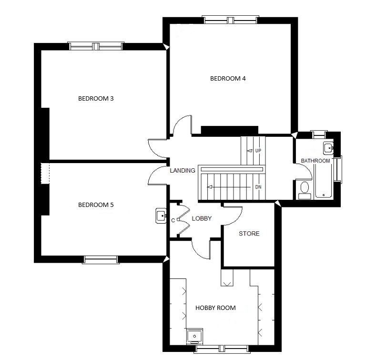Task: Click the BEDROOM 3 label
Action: click(x=96, y=99)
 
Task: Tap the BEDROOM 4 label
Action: click(x=228, y=79)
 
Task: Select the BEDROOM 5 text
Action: click(x=96, y=205)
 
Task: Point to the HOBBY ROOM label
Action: click(x=215, y=308)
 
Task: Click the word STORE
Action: click(x=249, y=234)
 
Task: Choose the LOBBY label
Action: click(x=202, y=218)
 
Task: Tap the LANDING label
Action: click(x=183, y=171)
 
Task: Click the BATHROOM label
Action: click(x=315, y=161)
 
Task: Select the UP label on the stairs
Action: click(x=258, y=151)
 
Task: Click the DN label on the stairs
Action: click(x=258, y=187)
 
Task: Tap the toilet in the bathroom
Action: click(x=305, y=190)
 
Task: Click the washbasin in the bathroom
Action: click(x=328, y=148)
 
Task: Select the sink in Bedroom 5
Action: click(x=161, y=216)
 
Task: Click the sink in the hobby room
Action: click(x=194, y=336)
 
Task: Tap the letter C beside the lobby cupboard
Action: click(x=173, y=221)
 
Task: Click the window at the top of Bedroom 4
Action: click(x=230, y=20)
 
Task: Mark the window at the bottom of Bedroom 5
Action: click(x=101, y=259)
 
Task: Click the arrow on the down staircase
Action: click(x=229, y=187)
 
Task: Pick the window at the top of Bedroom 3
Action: click(x=96, y=46)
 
